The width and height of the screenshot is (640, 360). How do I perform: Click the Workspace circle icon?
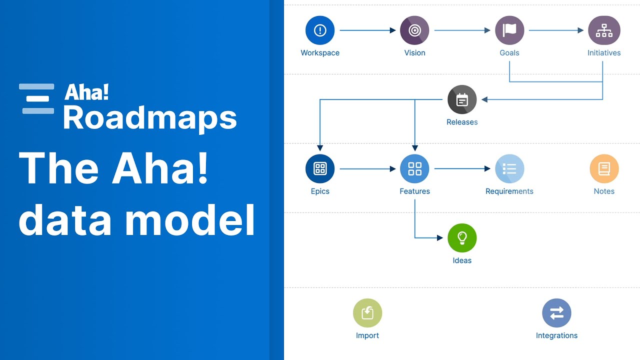click(x=320, y=30)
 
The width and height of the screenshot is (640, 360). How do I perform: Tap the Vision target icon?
click(x=414, y=30)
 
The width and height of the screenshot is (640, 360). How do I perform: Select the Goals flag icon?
click(x=509, y=30)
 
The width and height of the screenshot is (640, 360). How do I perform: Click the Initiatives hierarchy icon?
click(x=604, y=30)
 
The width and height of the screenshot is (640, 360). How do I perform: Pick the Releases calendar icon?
click(x=462, y=99)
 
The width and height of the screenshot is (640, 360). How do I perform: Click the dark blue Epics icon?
click(x=320, y=169)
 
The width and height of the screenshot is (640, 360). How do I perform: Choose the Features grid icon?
click(x=414, y=169)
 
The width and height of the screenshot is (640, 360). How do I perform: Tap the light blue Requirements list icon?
click(x=509, y=169)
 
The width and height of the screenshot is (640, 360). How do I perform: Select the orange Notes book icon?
click(x=604, y=169)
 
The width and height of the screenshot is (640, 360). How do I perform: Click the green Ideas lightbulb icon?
click(x=462, y=238)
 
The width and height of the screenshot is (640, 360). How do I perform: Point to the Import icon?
click(x=367, y=313)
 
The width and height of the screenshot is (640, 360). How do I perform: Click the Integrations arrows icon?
click(x=556, y=313)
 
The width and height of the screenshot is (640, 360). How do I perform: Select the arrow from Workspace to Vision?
click(x=367, y=30)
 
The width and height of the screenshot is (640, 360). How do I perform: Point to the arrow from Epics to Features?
click(x=367, y=169)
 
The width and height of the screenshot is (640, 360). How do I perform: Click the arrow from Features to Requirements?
click(x=462, y=169)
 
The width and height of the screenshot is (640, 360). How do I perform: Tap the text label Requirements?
click(x=509, y=191)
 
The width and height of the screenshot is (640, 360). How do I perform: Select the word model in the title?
click(x=190, y=219)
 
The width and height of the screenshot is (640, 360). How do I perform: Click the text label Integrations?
click(x=556, y=335)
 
